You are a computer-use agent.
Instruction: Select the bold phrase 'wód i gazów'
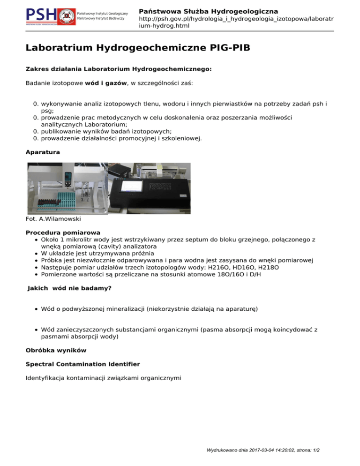click(x=105, y=83)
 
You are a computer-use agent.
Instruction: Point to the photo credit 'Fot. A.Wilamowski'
click(x=53, y=219)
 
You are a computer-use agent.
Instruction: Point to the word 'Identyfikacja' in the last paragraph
click(x=46, y=377)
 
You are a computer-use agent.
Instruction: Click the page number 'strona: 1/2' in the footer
click(x=305, y=454)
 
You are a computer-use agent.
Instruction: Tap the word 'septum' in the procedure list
click(x=186, y=240)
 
